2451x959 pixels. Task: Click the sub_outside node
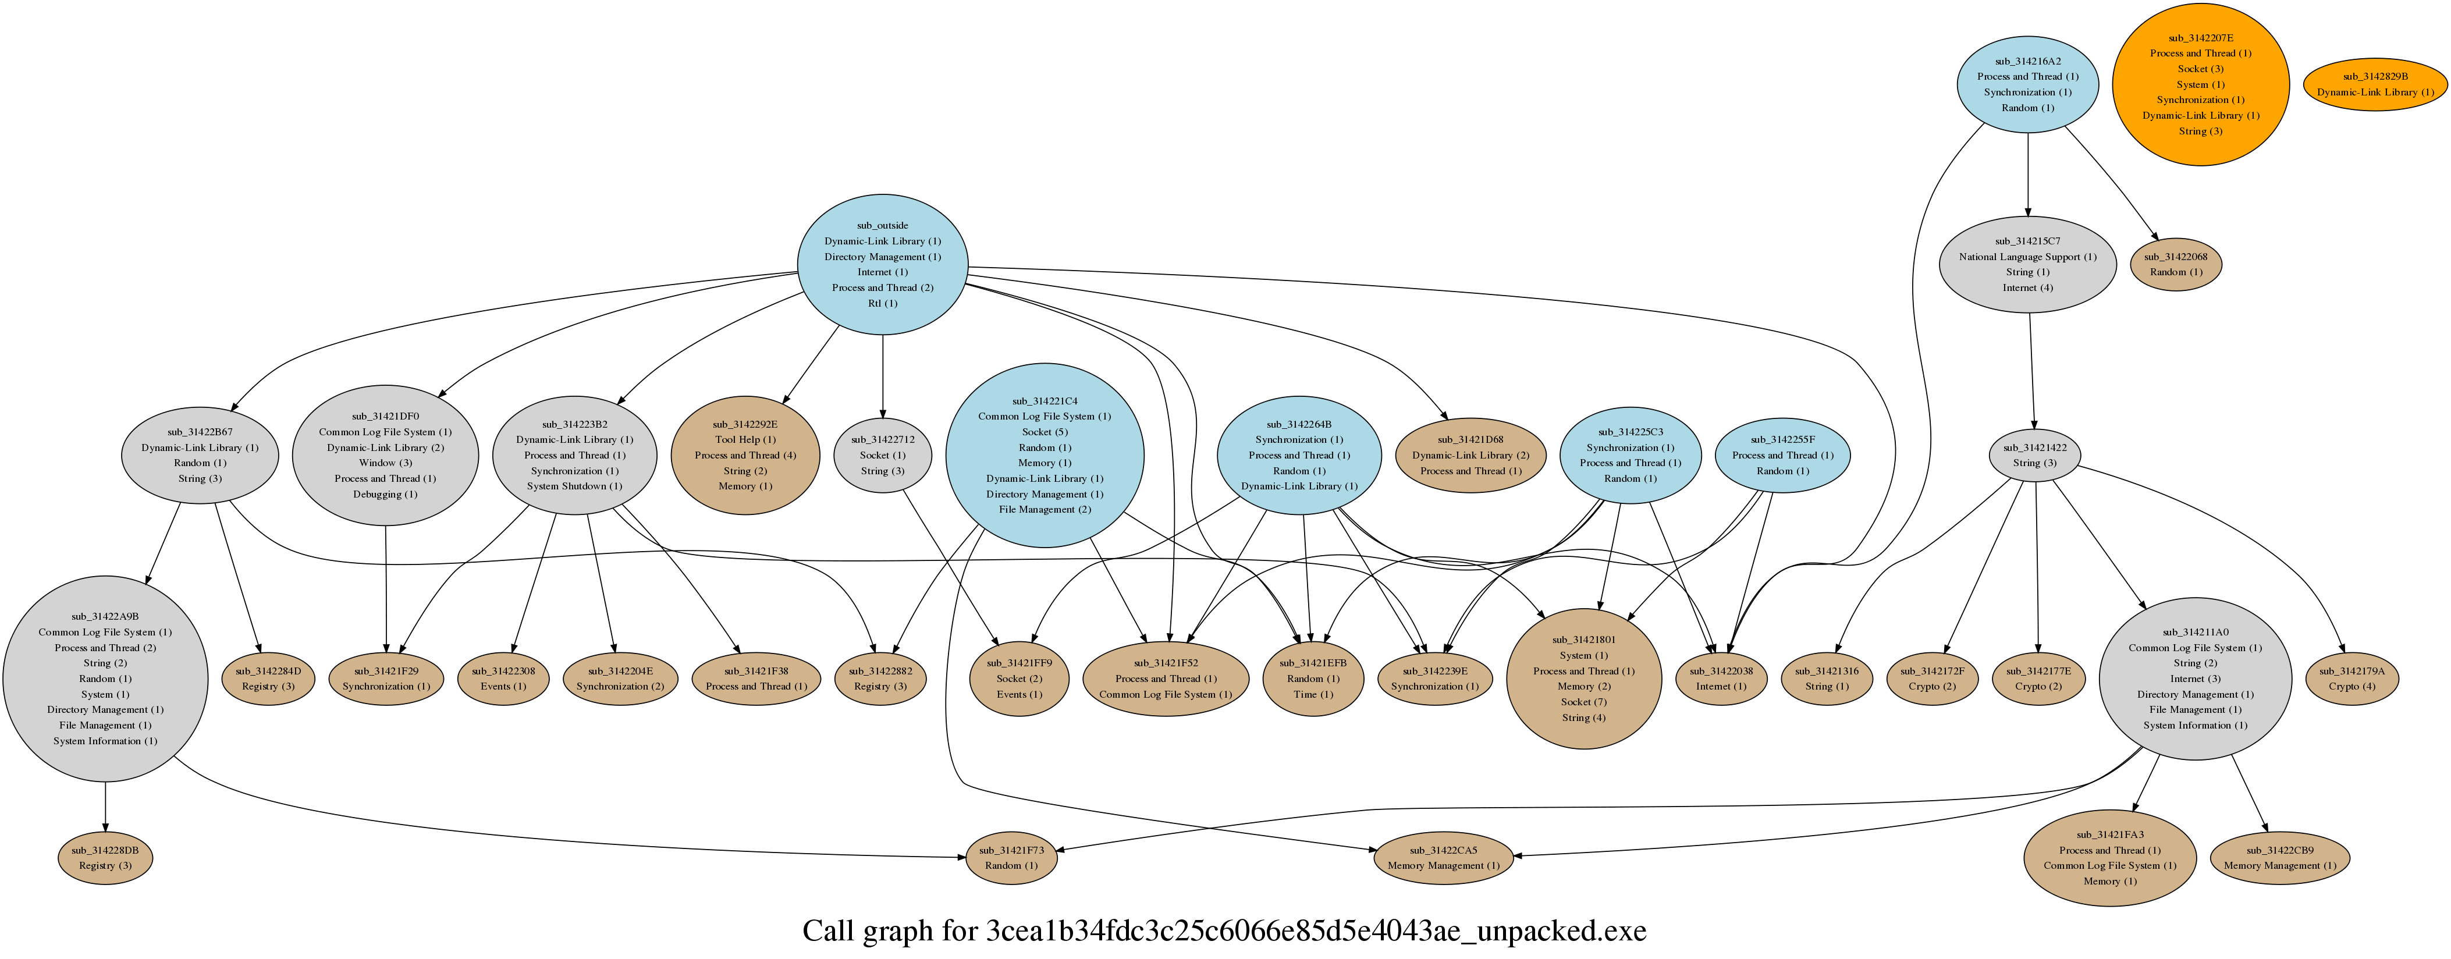[882, 265]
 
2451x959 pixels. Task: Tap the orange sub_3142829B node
[2375, 85]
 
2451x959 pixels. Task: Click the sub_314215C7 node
[2027, 265]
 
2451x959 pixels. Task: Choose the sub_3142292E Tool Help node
[745, 454]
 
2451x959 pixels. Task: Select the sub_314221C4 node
[1045, 454]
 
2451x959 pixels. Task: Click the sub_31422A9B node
[105, 679]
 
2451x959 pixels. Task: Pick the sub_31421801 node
[1583, 679]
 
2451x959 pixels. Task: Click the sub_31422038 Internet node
[1720, 679]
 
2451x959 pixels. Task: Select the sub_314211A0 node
[2195, 679]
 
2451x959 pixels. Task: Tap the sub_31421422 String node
[2034, 454]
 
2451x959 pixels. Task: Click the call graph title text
[1224, 930]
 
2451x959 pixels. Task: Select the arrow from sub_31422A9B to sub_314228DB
[105, 807]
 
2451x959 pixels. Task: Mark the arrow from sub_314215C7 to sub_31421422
[2031, 371]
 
